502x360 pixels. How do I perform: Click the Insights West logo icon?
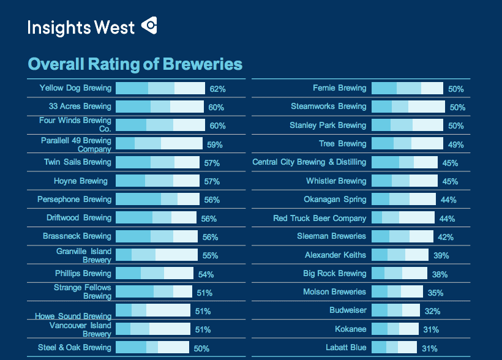point(149,26)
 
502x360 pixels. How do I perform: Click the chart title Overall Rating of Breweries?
point(135,64)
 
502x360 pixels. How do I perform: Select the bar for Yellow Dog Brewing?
point(160,88)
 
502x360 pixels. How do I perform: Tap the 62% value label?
point(217,89)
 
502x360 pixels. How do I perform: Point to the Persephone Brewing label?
point(74,200)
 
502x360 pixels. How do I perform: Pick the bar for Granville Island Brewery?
point(156,255)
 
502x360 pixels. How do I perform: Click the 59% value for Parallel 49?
point(214,145)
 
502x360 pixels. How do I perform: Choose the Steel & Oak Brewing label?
point(74,348)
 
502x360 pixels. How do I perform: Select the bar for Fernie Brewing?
point(407,88)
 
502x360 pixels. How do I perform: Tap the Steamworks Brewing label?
point(328,107)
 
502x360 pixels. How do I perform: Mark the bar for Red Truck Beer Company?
point(403,218)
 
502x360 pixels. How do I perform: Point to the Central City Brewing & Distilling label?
point(309,162)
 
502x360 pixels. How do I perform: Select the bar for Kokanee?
point(395,329)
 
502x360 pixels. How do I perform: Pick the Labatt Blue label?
point(346,348)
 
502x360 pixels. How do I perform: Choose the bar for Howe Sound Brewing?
point(152,310)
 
